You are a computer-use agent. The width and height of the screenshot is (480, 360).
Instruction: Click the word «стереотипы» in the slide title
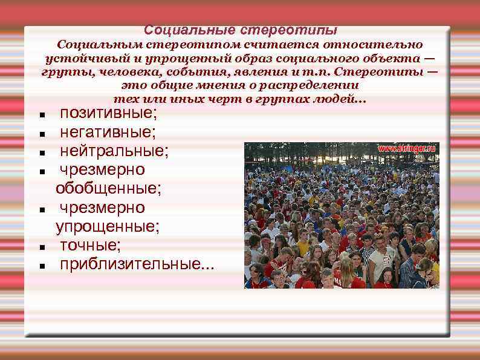click(x=288, y=30)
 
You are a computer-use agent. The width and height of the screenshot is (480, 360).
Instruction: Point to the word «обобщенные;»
click(x=108, y=189)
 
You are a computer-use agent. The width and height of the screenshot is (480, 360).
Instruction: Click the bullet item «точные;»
click(x=89, y=246)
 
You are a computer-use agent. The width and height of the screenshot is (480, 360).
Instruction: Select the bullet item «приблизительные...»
click(x=136, y=264)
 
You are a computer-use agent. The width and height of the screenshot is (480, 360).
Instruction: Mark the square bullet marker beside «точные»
click(x=40, y=247)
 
